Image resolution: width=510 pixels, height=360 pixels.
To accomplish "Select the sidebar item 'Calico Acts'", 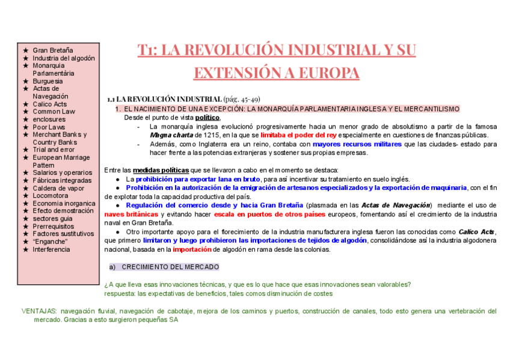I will coord(50,104).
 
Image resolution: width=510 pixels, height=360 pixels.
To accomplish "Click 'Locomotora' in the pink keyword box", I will coord(51,195).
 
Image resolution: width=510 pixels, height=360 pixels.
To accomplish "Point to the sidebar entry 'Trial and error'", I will coord(54,150).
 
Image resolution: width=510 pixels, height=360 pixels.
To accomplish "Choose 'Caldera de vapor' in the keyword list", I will coord(59,188).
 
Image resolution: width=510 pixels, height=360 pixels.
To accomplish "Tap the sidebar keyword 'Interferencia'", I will coord(51,249).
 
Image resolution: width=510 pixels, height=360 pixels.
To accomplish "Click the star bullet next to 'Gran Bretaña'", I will coord(25,50).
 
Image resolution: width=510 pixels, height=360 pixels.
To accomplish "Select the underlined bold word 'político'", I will coord(207,118).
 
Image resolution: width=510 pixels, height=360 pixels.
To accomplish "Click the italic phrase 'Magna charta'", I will coord(171,135).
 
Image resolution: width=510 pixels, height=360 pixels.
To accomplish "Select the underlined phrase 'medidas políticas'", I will coord(161,170).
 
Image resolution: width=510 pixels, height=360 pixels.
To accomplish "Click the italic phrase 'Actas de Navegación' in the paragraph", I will coord(396,205).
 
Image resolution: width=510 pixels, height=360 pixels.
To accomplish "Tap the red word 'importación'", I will coord(192,249).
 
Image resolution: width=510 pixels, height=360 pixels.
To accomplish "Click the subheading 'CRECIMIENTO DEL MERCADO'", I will coord(170,267).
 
